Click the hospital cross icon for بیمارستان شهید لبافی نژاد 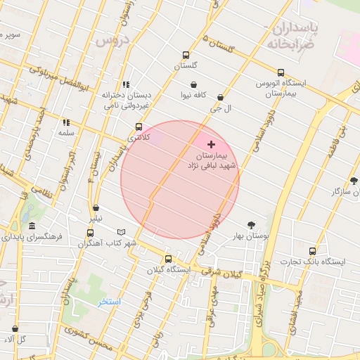[x=211, y=143]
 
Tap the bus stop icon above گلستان [x=186, y=55]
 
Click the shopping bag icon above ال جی [x=221, y=98]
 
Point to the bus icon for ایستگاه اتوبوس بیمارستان [x=281, y=72]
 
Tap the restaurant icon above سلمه [x=66, y=122]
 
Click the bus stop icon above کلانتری [x=138, y=127]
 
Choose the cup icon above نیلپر [x=96, y=208]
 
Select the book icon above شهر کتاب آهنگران [x=122, y=232]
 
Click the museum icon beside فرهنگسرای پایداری [x=32, y=226]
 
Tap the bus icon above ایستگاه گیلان [x=167, y=258]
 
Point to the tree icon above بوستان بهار [x=251, y=225]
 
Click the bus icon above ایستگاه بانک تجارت [x=312, y=251]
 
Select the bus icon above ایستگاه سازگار [x=354, y=181]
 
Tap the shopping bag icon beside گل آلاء [x=15, y=329]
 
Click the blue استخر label [x=110, y=302]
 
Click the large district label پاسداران [x=295, y=28]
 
